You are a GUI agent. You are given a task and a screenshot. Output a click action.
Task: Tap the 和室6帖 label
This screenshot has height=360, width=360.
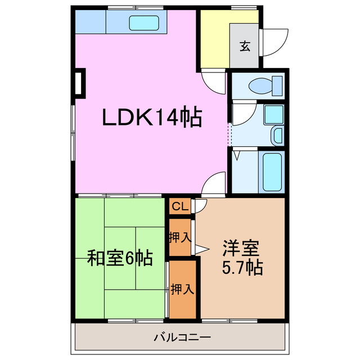pyautogui.click(x=119, y=259)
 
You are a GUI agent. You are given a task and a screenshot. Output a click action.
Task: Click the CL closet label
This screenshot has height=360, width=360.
pyautogui.click(x=179, y=206)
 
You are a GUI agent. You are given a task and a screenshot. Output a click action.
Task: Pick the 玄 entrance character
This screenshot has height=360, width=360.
pyautogui.click(x=245, y=46)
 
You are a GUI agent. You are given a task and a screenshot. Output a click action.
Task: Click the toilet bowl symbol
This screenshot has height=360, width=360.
pyautogui.click(x=264, y=86)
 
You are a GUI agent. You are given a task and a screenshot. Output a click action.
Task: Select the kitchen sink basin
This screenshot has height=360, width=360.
pyautogui.click(x=145, y=23)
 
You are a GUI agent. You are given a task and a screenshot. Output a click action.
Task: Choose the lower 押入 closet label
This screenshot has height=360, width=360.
pyautogui.click(x=182, y=290)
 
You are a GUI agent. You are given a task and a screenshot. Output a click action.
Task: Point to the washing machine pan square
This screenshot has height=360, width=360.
pyautogui.click(x=273, y=115)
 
